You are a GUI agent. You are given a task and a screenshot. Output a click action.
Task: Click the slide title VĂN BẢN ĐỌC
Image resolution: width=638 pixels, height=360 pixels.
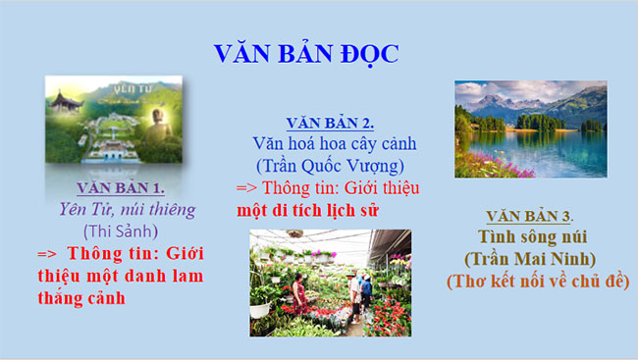coord(305,53)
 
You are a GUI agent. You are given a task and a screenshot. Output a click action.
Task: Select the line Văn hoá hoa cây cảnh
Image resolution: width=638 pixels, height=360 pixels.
coord(326,143)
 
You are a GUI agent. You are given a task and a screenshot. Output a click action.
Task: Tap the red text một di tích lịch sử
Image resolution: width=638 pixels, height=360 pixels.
coord(307,209)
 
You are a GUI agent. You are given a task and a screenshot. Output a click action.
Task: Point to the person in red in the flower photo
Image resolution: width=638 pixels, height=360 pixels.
coord(295,289)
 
